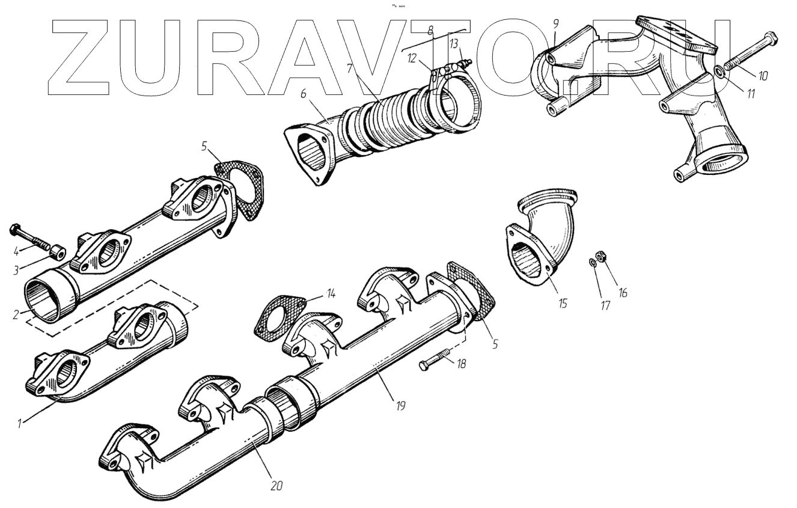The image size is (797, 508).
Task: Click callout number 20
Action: (276, 485)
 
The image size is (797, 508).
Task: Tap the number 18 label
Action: (461, 364)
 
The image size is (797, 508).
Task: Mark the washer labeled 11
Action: (719, 74)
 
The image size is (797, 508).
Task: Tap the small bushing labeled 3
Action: (58, 251)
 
